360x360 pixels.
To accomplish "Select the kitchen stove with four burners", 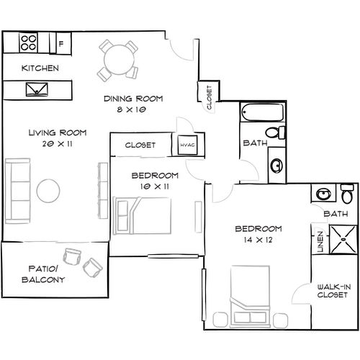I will tap(29, 42).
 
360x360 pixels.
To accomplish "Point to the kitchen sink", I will tap(36, 90).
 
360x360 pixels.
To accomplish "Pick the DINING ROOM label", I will tap(133, 99).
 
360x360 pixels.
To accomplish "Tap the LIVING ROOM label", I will tap(58, 133).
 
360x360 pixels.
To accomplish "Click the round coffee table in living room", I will tap(49, 190).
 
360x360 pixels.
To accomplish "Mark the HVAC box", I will tap(186, 145).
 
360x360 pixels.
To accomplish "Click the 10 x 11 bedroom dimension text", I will tap(155, 186).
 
